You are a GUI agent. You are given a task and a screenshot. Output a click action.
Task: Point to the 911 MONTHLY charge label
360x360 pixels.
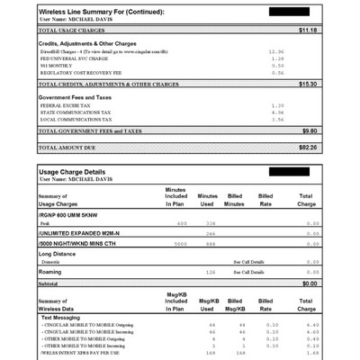[56, 65]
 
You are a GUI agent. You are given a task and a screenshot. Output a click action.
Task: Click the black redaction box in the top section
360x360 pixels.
[289, 11]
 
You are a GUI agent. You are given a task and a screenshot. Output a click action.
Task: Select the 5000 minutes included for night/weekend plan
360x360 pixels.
[181, 243]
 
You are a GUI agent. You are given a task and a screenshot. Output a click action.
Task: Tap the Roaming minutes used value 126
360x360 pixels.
[211, 271]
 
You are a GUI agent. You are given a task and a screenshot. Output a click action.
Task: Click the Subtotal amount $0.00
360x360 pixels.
[310, 283]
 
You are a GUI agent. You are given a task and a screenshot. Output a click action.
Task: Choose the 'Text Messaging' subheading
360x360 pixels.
[64, 317]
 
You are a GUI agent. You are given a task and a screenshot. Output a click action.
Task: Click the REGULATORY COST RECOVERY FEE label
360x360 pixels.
[82, 72]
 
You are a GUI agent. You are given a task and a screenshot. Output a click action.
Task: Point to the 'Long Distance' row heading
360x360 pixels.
[61, 253]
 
